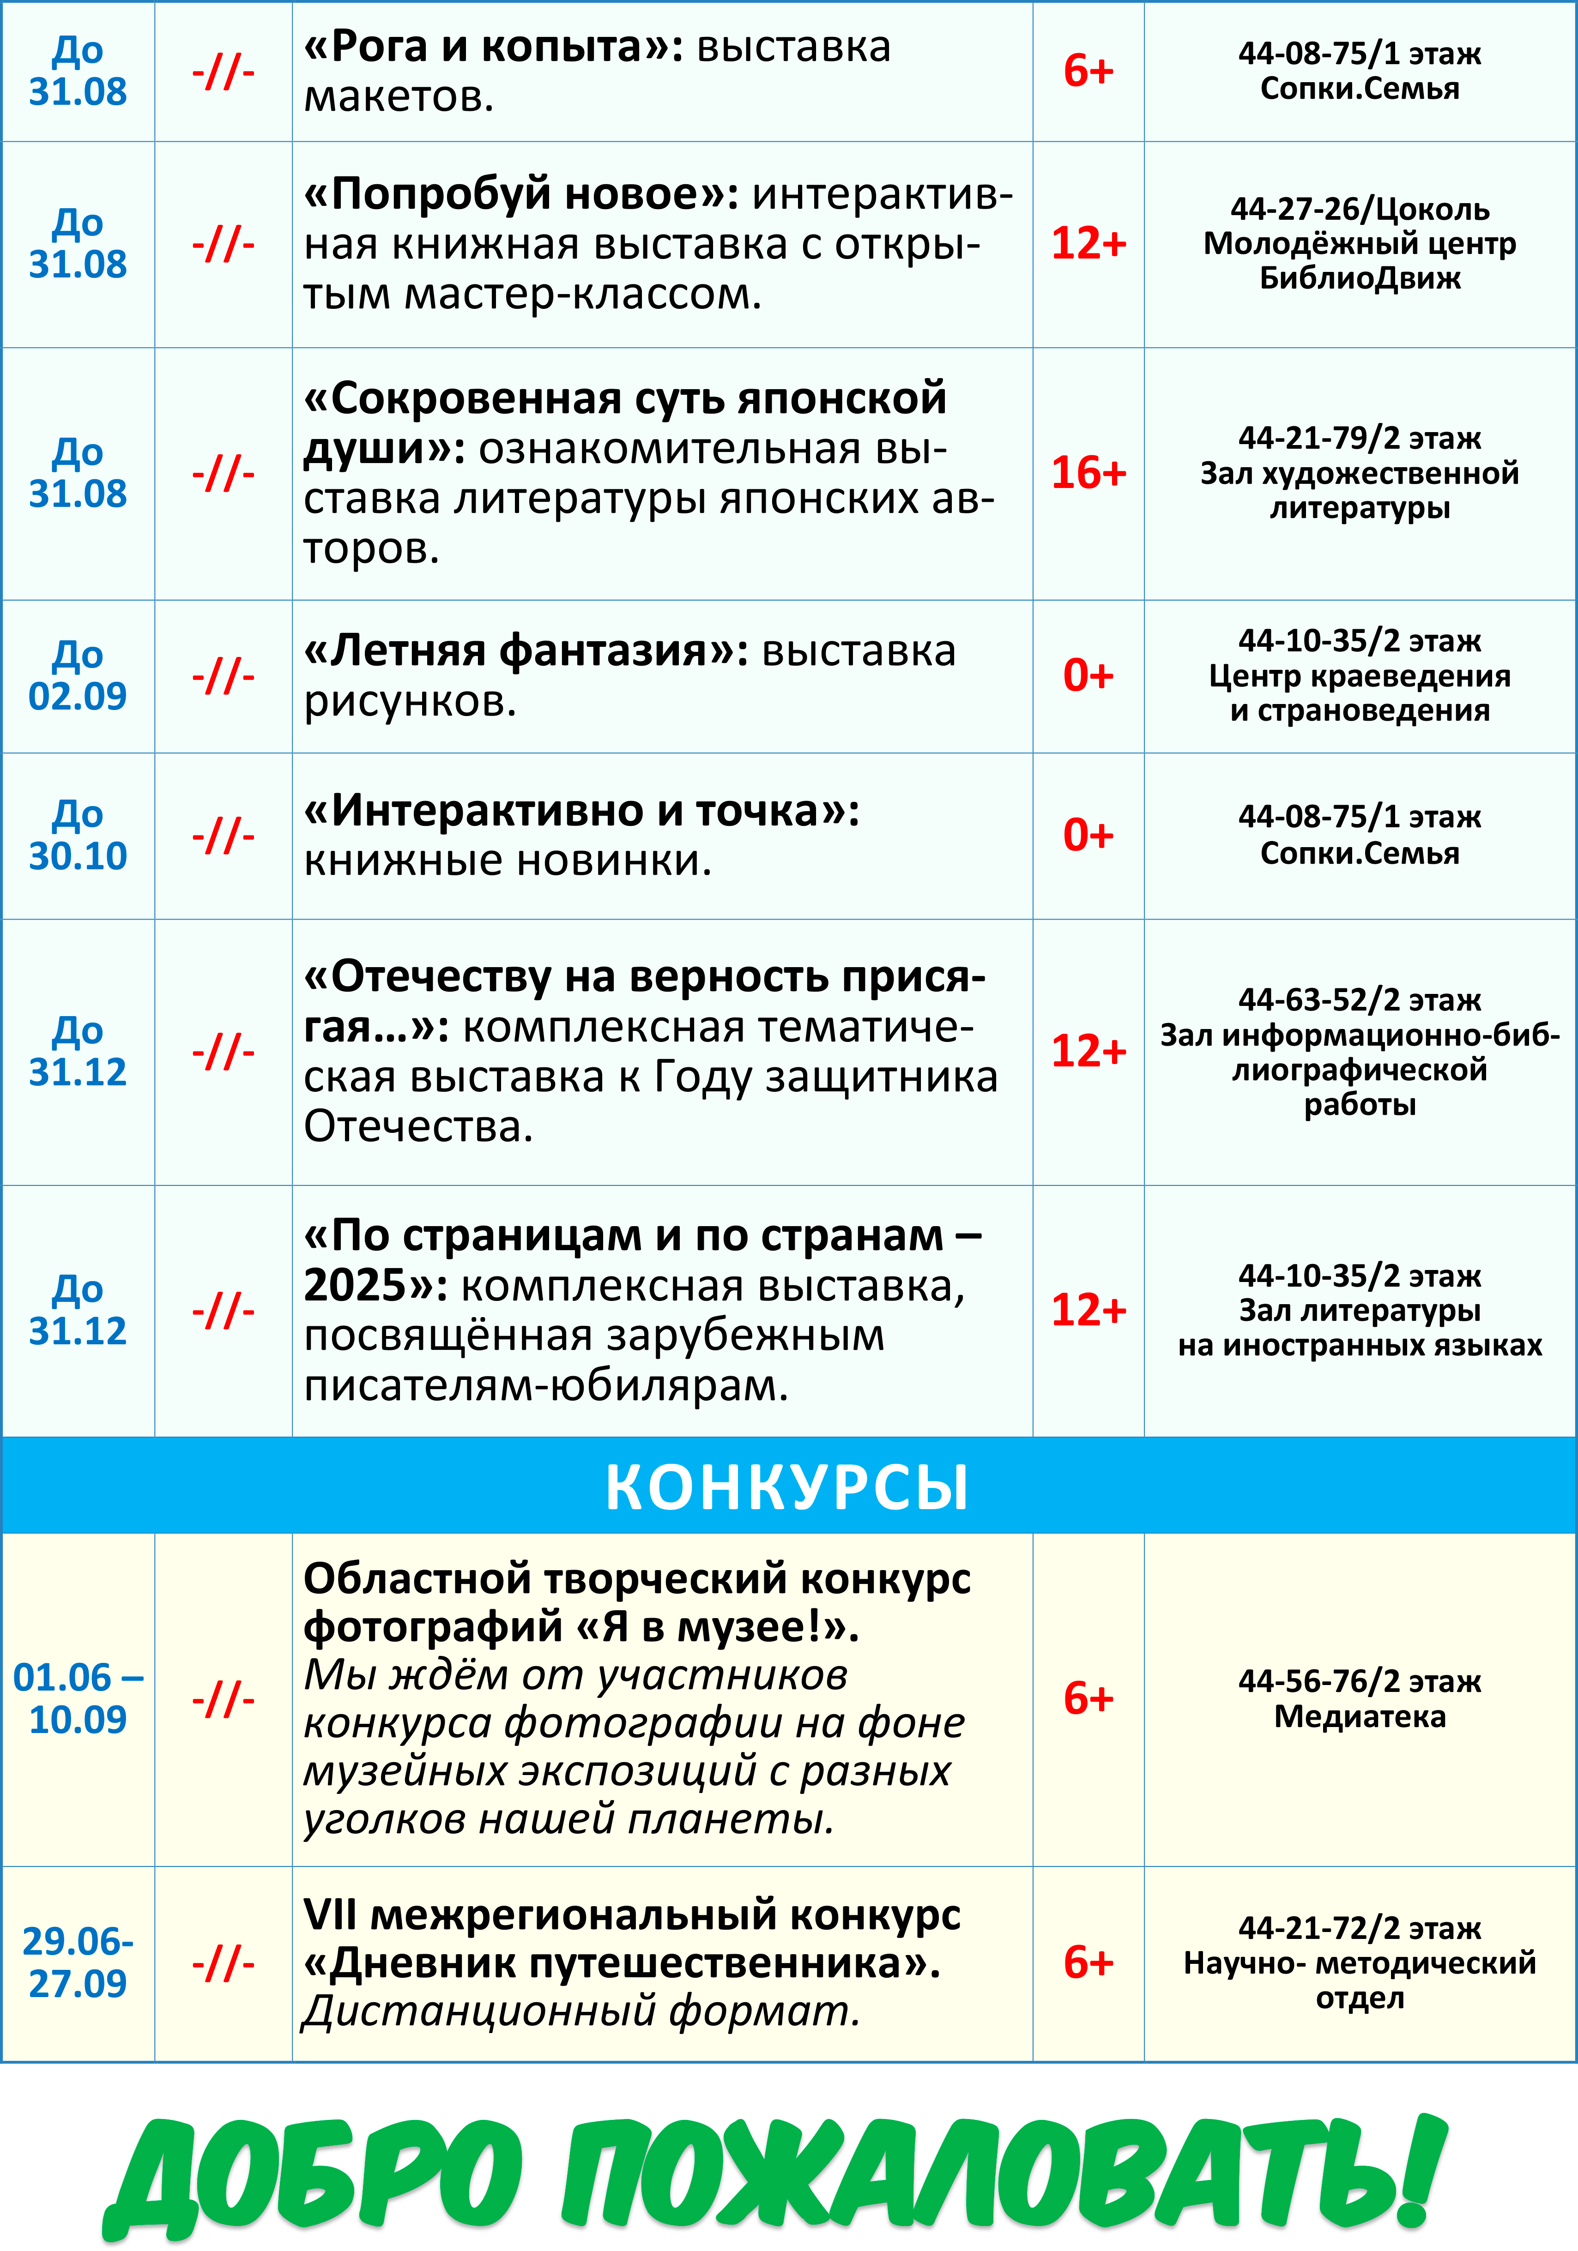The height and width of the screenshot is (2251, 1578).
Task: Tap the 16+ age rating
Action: point(1088,474)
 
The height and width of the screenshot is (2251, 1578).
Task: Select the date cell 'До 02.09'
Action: point(78,675)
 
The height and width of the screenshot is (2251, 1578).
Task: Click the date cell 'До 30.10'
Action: point(78,835)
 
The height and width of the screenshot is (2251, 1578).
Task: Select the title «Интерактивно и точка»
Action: point(580,811)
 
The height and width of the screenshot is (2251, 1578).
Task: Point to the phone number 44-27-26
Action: point(1294,209)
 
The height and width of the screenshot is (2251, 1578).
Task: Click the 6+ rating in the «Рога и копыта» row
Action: point(1088,72)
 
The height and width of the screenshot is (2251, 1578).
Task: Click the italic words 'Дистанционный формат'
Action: point(580,2011)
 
